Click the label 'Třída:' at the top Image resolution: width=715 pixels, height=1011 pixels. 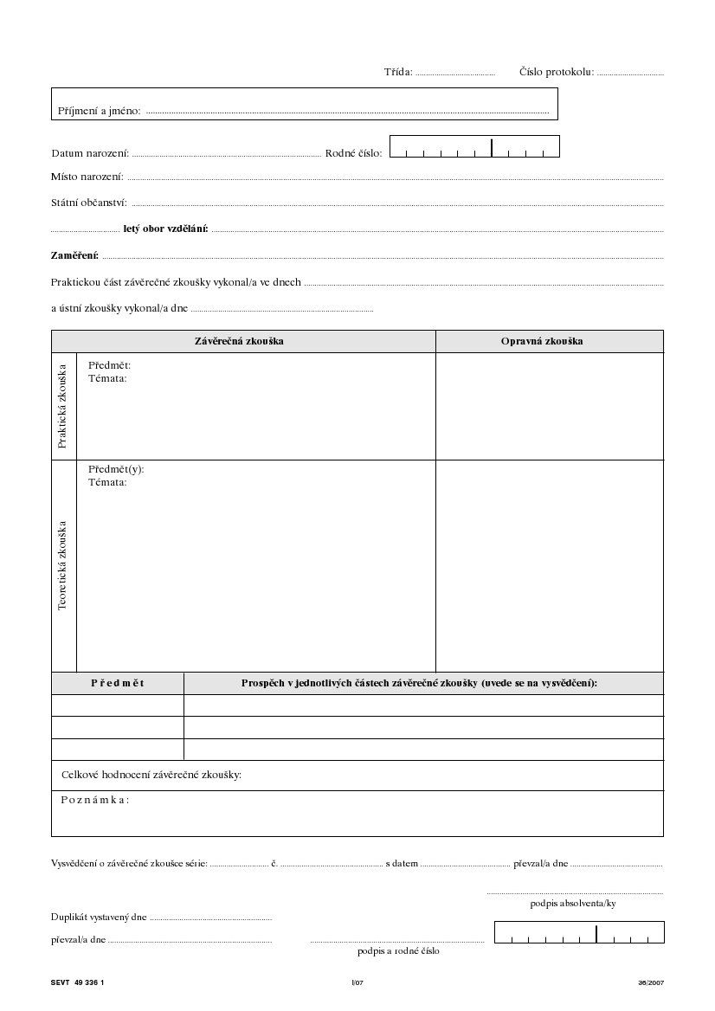pos(398,72)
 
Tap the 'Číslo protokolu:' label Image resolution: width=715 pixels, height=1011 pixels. pos(556,72)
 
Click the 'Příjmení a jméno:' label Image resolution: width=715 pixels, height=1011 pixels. pos(99,111)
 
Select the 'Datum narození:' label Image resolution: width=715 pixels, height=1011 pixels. pos(90,153)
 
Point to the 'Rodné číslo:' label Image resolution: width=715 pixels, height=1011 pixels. pos(353,153)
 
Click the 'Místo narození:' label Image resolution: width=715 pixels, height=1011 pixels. pos(87,177)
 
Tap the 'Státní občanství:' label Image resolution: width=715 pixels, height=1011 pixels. pos(89,203)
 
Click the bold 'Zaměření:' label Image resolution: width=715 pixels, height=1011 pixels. pos(75,255)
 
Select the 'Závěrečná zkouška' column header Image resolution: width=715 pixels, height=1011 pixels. pos(239,341)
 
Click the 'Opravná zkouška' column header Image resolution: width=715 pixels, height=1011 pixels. pos(542,341)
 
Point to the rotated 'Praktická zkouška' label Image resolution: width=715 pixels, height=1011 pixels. pos(62,406)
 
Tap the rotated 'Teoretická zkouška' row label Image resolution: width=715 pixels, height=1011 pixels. pos(62,565)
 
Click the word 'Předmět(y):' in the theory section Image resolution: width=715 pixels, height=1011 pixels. pos(116,469)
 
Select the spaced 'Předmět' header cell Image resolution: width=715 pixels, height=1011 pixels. pos(118,683)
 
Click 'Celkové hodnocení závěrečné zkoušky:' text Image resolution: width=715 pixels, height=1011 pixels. pos(151,774)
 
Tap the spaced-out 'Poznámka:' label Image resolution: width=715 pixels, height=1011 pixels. pos(95,799)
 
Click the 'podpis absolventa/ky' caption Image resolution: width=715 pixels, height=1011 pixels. pos(573,903)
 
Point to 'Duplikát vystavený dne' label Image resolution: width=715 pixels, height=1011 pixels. pos(99,917)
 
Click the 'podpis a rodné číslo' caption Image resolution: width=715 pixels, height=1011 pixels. pos(398,950)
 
